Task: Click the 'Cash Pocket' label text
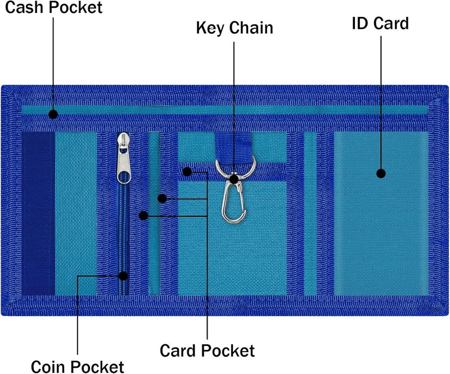click(53, 7)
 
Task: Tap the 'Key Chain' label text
click(235, 28)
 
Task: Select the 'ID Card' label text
click(380, 23)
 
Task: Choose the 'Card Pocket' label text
click(207, 350)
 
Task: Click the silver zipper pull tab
click(124, 158)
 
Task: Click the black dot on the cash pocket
click(53, 114)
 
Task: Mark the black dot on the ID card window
click(381, 173)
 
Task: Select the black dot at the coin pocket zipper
click(123, 276)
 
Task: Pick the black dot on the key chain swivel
click(234, 179)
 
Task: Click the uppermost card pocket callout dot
click(187, 172)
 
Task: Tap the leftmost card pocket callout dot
click(143, 215)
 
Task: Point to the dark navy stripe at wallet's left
click(38, 213)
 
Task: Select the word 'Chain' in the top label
click(251, 28)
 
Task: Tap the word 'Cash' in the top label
click(24, 7)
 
